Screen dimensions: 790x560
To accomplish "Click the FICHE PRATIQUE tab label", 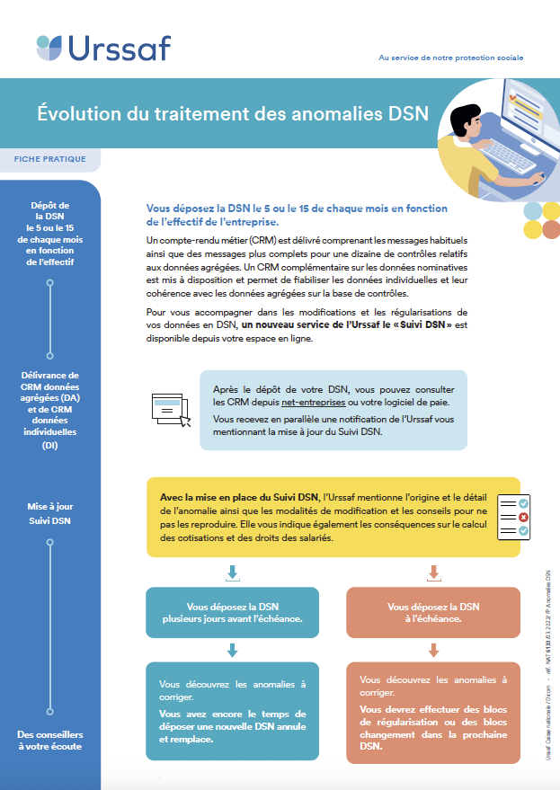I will [x=50, y=159].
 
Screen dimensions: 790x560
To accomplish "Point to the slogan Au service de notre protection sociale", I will [x=450, y=58].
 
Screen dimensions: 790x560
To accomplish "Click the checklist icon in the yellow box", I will [x=513, y=517].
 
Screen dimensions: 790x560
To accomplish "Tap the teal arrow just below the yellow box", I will [x=233, y=572].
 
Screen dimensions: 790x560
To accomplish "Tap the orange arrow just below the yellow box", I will [x=433, y=572].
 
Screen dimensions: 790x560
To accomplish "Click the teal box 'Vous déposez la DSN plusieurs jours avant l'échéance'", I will [x=233, y=613].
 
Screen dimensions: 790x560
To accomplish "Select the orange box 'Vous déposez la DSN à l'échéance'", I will [x=433, y=613].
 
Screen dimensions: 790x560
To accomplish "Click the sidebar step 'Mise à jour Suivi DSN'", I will [x=50, y=513].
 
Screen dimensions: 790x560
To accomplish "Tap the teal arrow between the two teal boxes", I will [x=233, y=650].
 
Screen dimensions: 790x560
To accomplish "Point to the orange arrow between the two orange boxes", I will [x=433, y=650].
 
